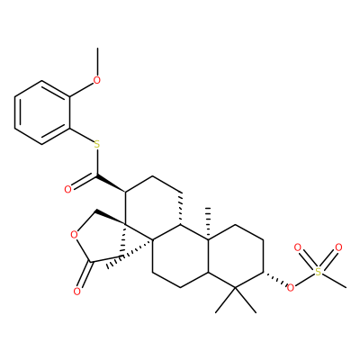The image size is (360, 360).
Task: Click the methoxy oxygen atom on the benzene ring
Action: coord(96,80)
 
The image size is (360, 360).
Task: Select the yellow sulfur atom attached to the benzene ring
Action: coord(96,145)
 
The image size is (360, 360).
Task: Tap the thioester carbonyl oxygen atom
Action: coord(68,189)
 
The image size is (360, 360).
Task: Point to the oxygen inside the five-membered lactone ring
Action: coord(74,234)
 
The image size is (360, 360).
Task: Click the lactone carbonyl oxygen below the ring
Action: coord(76,291)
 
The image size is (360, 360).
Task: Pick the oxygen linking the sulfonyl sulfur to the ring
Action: coord(290,288)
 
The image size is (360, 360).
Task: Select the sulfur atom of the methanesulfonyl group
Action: coord(318,273)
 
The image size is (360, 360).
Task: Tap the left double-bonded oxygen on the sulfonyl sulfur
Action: coord(297,247)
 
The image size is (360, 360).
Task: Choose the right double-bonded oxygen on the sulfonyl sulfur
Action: coord(338,247)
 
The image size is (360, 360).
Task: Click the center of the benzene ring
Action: coord(42,112)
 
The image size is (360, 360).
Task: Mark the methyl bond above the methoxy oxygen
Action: coord(97,61)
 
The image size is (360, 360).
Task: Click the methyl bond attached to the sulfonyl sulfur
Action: coord(334,282)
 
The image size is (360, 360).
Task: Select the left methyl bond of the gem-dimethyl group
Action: coord(226,300)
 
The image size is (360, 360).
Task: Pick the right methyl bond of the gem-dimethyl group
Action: coord(247,300)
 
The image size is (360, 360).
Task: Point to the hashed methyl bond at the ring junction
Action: coord(208,223)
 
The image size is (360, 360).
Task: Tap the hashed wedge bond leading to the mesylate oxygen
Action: coord(274,278)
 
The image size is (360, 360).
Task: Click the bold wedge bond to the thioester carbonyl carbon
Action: coord(111,184)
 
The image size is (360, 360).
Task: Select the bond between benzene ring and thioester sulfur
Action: coord(82,136)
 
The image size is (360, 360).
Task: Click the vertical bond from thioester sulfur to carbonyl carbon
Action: coord(97,163)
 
